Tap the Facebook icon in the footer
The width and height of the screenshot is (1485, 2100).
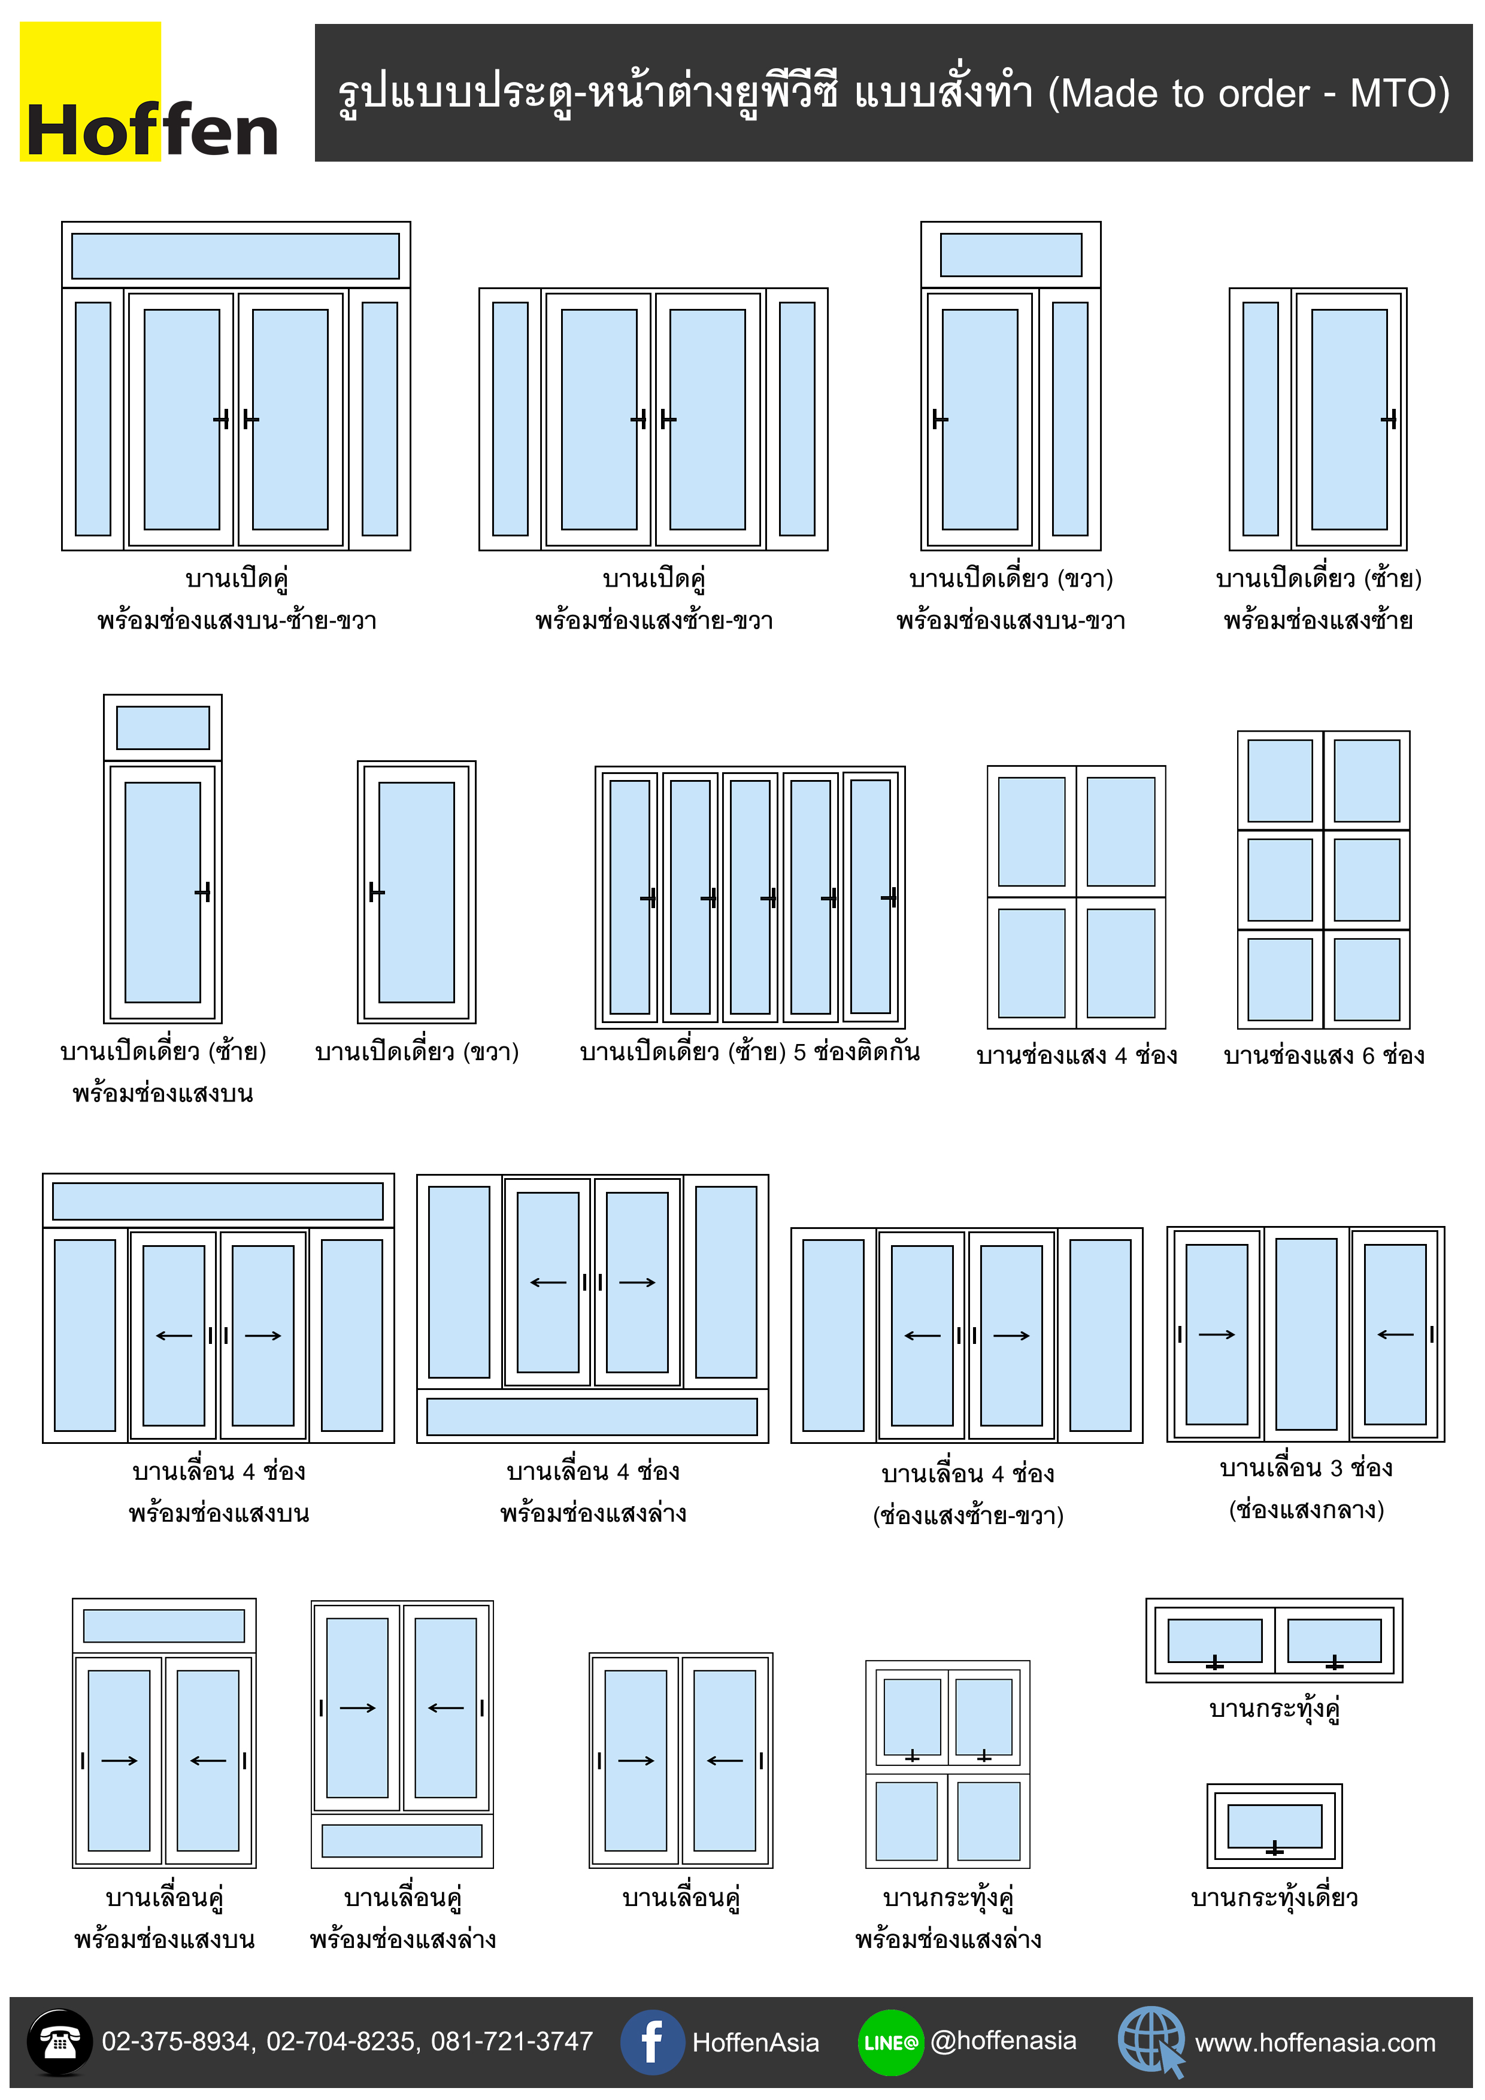[651, 2041]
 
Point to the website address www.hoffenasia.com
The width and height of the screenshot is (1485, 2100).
[1315, 2043]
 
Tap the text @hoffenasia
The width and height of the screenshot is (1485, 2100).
[1003, 2041]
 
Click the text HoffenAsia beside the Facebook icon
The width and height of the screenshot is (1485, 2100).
[755, 2043]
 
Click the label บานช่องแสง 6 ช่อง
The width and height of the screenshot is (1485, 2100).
[1323, 1055]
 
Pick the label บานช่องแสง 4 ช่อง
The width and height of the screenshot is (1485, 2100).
[1076, 1055]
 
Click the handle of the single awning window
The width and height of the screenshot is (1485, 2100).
[1275, 1849]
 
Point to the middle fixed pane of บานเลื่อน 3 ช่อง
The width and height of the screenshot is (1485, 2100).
[1306, 1334]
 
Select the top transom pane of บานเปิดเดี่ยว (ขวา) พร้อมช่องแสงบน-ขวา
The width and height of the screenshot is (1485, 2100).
[1010, 254]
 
